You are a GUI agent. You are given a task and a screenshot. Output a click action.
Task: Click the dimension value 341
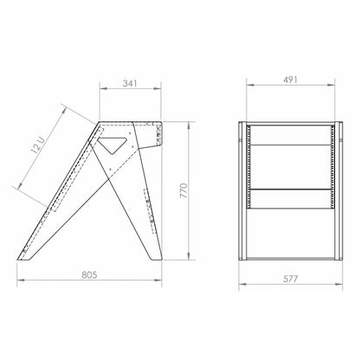130,83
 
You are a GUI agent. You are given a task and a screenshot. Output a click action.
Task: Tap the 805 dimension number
89,275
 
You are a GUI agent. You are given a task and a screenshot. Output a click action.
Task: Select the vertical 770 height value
183,190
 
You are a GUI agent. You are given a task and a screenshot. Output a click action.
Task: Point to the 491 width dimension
290,80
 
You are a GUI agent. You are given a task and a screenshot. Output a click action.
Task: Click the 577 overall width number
291,279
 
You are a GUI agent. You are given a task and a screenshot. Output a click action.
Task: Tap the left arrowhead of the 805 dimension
21,280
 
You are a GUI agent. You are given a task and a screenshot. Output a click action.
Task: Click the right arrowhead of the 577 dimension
339,284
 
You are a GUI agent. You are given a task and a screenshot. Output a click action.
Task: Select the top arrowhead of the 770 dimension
189,125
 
